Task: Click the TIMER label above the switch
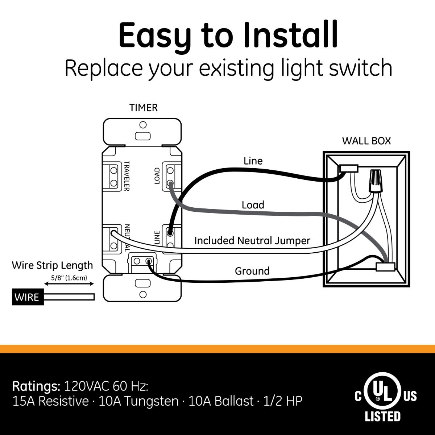click(x=144, y=108)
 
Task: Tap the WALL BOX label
click(x=366, y=141)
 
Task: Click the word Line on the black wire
click(x=253, y=161)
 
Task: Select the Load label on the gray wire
click(x=253, y=205)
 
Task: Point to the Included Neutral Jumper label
click(x=252, y=241)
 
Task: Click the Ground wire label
click(x=252, y=271)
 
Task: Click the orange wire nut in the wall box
click(x=375, y=181)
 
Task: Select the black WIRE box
click(x=28, y=297)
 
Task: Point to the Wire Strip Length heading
click(x=52, y=265)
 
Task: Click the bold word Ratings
click(x=36, y=386)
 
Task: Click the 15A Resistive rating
click(x=51, y=401)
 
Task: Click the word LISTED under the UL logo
click(x=383, y=416)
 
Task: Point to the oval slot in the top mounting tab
click(x=142, y=136)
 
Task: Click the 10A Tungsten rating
click(x=138, y=401)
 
